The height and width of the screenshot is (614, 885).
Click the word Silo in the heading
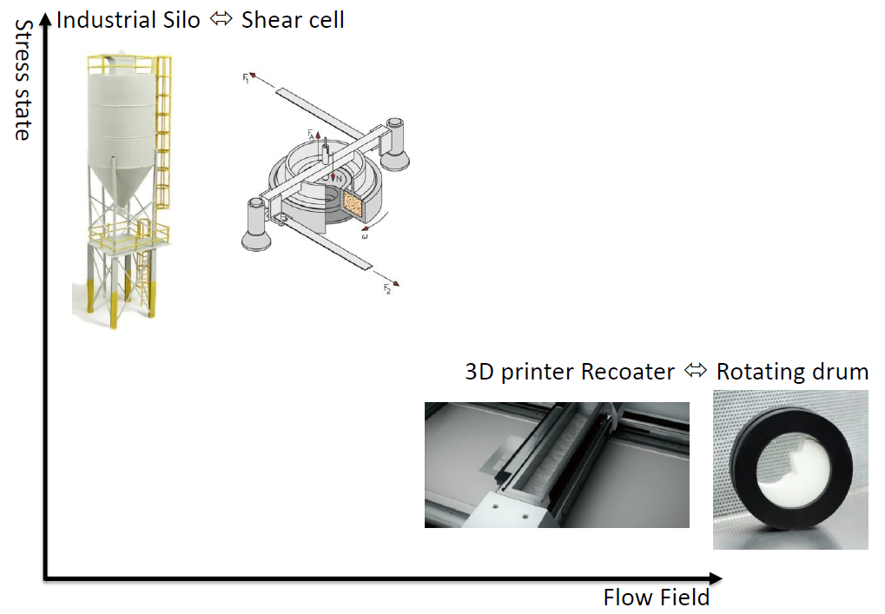click(x=182, y=19)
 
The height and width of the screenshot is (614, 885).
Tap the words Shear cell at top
click(x=293, y=19)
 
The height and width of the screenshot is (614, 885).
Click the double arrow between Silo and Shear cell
click(x=221, y=18)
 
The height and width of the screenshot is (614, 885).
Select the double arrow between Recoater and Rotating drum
click(x=696, y=371)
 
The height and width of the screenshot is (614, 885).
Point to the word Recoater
click(x=628, y=372)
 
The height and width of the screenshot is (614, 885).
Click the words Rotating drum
click(x=792, y=372)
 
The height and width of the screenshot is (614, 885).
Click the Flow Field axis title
click(x=656, y=597)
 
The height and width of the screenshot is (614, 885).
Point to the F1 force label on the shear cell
click(x=246, y=78)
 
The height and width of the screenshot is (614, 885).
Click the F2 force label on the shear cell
click(x=386, y=290)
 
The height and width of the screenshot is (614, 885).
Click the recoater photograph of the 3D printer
click(x=556, y=465)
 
